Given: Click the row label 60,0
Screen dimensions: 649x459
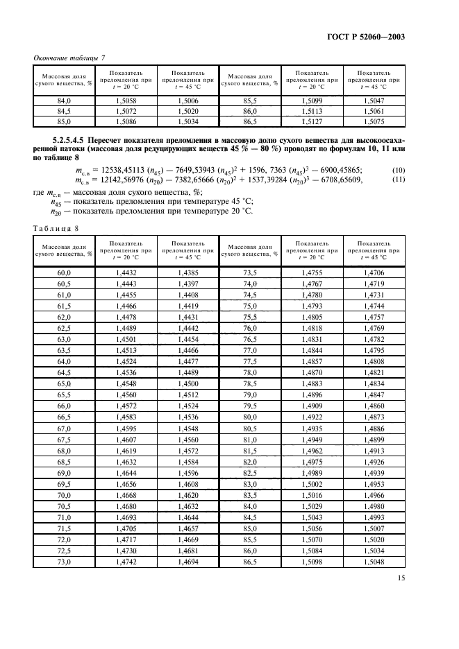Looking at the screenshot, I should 64,274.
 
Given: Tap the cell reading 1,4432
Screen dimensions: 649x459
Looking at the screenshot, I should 126,274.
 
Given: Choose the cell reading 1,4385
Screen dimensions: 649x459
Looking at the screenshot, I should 187,274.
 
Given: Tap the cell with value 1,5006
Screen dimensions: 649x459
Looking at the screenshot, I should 187,100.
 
